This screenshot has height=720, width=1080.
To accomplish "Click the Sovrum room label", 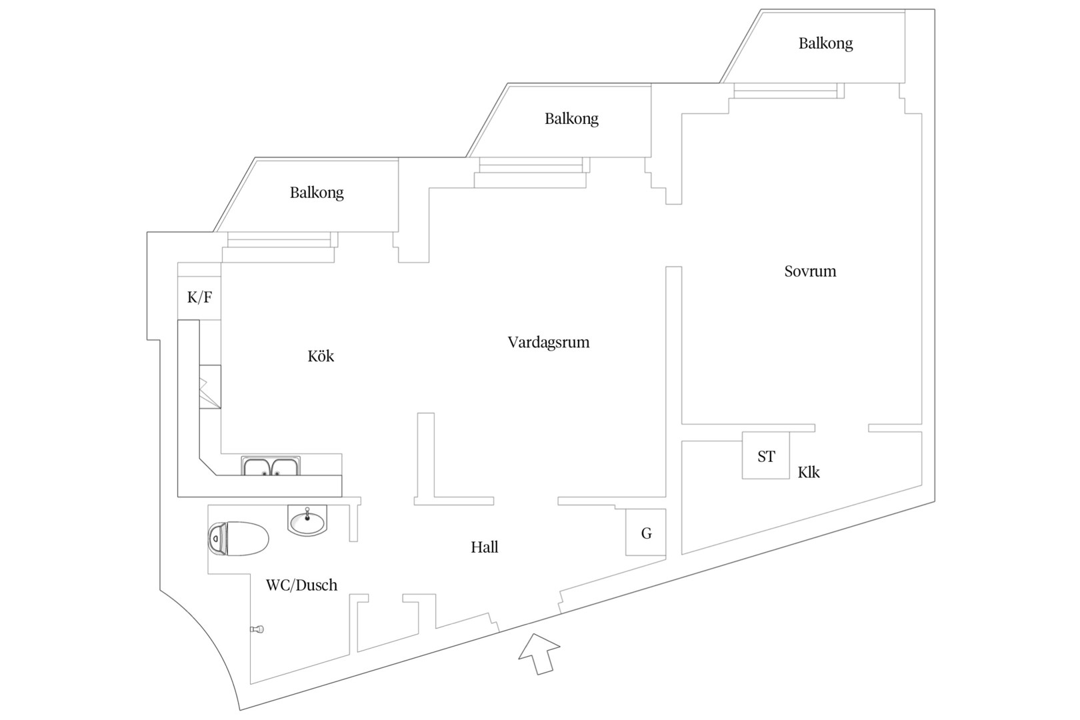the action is point(810,271).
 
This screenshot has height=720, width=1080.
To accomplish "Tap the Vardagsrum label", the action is point(548,343).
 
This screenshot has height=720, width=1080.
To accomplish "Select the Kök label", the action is point(321,356).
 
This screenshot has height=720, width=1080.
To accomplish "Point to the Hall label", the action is point(484,547).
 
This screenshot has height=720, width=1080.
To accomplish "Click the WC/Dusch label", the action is point(301,585).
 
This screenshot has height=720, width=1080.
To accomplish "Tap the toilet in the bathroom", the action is point(238,538).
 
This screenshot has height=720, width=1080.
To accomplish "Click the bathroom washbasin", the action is point(307,521).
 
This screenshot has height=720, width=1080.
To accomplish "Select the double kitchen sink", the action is point(271,467).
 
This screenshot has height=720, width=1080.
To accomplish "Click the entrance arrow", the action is point(539,654).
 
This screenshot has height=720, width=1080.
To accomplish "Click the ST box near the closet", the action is point(765,455).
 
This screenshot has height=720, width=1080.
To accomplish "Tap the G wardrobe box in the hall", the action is point(646,532).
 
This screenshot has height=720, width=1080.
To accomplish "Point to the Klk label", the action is point(809,472).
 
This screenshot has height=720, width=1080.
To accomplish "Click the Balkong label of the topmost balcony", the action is point(825,44).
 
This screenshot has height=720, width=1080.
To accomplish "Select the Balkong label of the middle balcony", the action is point(571,119).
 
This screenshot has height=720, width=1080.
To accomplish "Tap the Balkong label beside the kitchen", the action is point(316,193).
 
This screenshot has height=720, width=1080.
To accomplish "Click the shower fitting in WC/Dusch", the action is point(257,629).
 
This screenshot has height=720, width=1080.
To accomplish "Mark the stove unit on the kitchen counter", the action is point(210,387).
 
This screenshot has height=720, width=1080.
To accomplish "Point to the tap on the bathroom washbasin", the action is point(307,514).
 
